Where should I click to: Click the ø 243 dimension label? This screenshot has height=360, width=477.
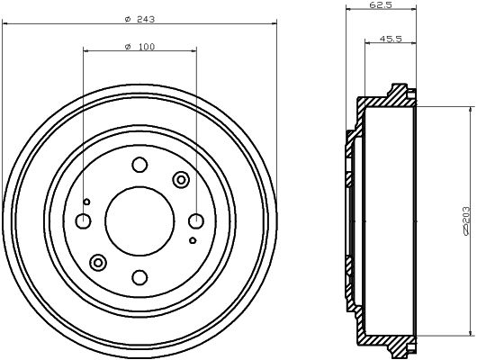point(139,20)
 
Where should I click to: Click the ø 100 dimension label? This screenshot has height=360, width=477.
point(139,47)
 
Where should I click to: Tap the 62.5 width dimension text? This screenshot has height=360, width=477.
point(382,4)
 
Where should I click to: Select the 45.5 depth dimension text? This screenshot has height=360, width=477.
point(391,39)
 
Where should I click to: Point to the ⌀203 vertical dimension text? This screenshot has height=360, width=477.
point(466,220)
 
